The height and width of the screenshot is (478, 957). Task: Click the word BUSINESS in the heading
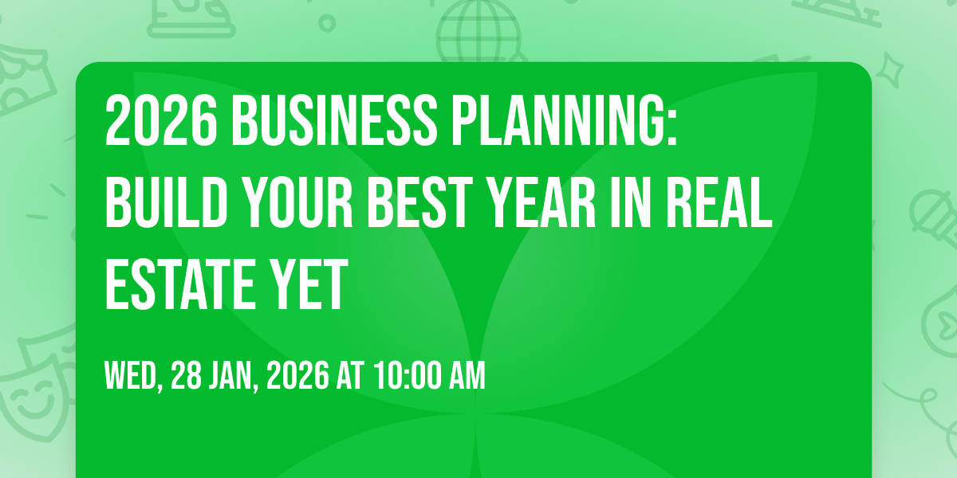click(x=333, y=120)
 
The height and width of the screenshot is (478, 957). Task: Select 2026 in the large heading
click(x=161, y=120)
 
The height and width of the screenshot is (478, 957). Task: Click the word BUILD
click(x=166, y=202)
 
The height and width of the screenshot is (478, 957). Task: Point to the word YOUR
click(x=297, y=202)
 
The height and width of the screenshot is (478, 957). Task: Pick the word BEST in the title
click(x=420, y=202)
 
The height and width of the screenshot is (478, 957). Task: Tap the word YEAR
click(x=542, y=202)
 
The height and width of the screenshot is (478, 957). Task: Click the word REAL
click(x=719, y=202)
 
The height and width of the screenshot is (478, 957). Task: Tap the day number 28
click(x=186, y=375)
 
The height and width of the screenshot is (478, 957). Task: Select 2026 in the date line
click(x=297, y=375)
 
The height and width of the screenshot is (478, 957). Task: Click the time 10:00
click(x=408, y=375)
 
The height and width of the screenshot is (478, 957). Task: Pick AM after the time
click(x=467, y=375)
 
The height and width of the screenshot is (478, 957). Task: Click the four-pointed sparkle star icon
click(x=889, y=70)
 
